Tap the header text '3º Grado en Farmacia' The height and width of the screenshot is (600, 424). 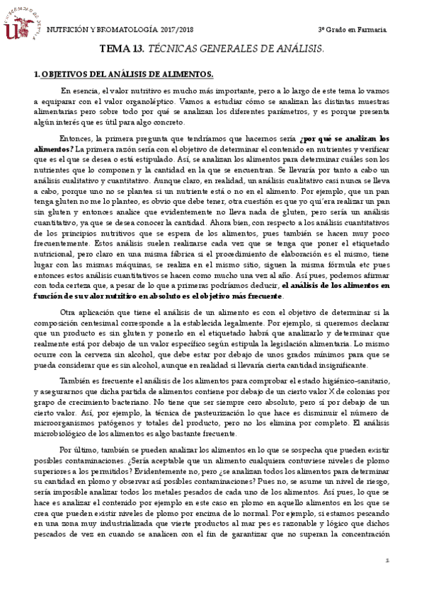tap(352, 30)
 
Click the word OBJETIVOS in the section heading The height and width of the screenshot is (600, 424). tap(66, 74)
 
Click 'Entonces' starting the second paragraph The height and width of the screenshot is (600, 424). tap(77, 139)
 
